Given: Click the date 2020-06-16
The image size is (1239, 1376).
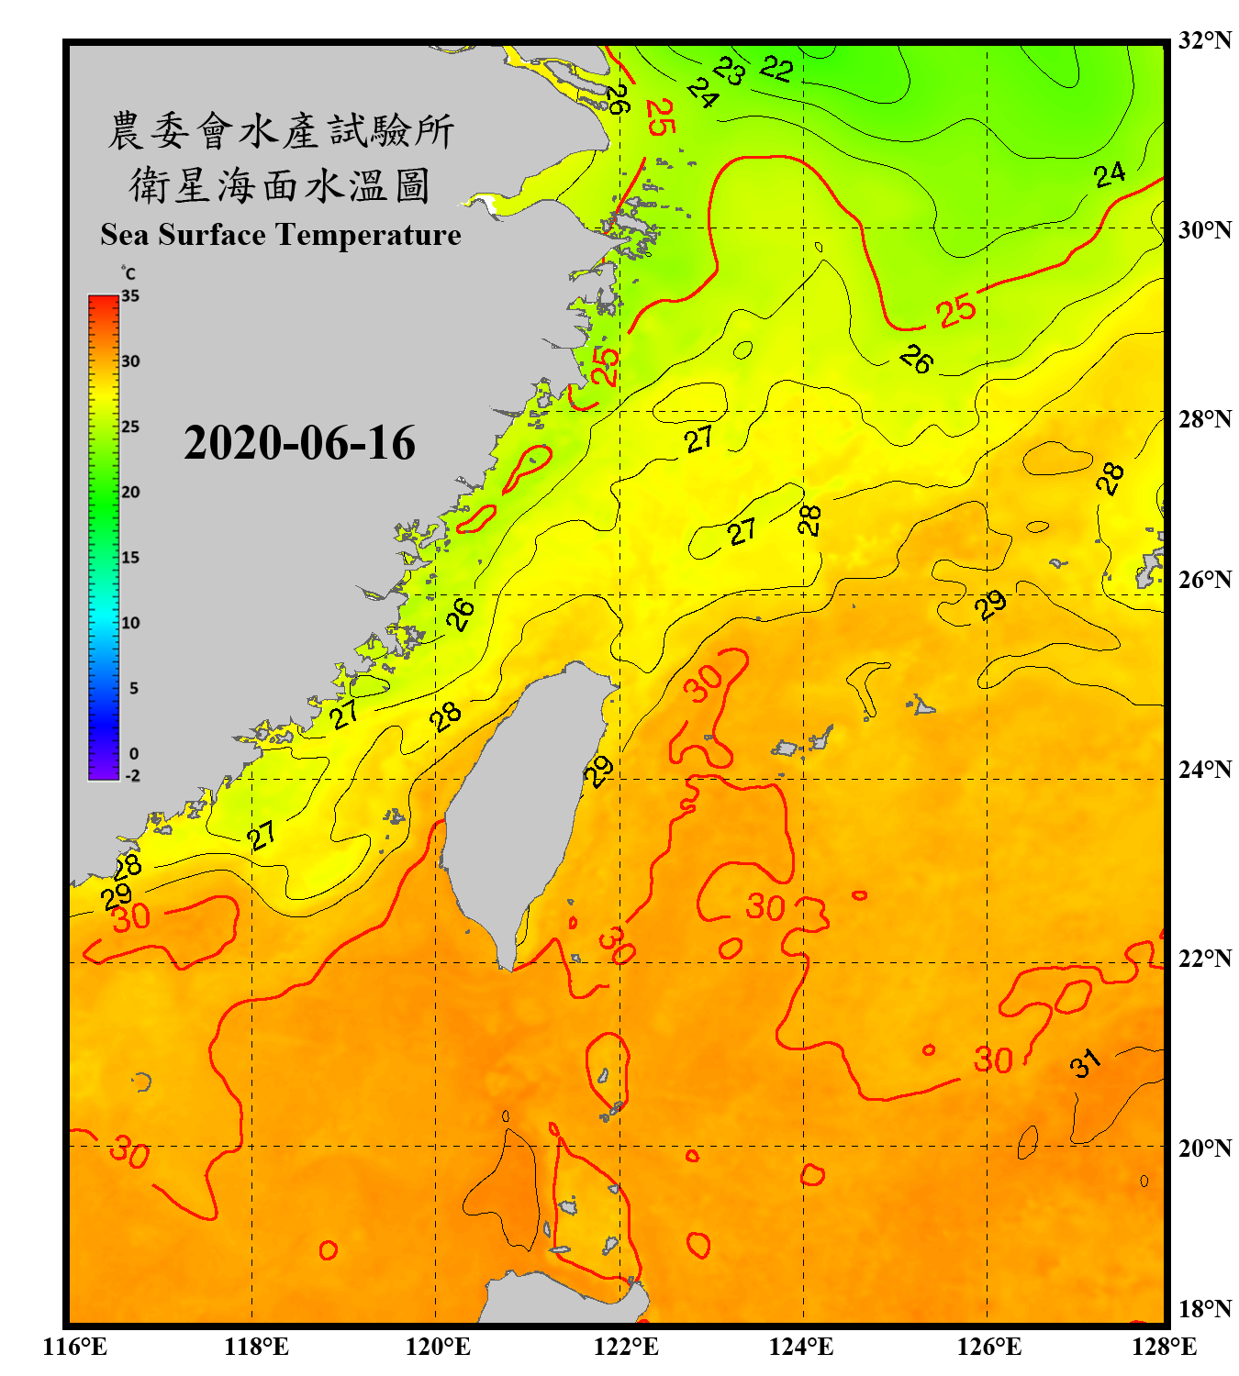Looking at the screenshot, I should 299,443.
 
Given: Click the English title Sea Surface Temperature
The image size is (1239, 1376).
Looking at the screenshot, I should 280,235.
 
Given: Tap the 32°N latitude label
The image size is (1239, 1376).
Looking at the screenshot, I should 1205,40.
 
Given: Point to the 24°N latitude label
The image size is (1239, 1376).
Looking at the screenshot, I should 1205,769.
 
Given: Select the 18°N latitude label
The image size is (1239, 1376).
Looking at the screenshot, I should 1205,1308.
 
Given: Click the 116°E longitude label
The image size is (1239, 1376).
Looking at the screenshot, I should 75,1347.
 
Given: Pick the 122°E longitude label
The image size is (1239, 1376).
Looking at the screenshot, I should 626,1347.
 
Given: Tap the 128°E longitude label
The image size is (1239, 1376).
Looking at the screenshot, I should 1164,1347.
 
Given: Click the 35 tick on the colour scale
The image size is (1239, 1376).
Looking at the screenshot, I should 130,296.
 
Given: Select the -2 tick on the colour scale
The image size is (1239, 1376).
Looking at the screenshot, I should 132,775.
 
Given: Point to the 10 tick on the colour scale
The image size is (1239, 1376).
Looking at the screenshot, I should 130,623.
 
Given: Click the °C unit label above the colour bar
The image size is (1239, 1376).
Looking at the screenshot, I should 128,273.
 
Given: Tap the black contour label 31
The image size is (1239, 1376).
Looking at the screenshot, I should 1085,1063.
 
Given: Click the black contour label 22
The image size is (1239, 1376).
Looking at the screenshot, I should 776,69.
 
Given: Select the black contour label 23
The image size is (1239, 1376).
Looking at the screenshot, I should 731,71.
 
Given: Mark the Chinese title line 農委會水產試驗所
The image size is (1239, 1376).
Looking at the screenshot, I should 280,130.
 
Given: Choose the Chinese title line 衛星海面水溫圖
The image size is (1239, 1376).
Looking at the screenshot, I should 280,185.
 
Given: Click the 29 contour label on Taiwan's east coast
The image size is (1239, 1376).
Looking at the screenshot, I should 598,771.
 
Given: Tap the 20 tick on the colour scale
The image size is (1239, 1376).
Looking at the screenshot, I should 130,492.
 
